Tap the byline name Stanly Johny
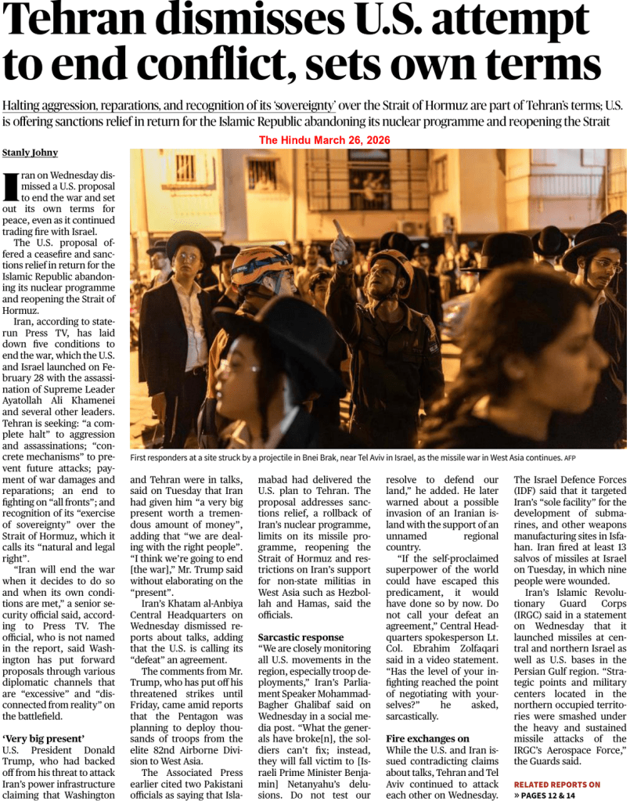point(31,152)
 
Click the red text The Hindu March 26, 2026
point(325,140)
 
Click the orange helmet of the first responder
point(258,264)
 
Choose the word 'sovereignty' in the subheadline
point(290,106)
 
